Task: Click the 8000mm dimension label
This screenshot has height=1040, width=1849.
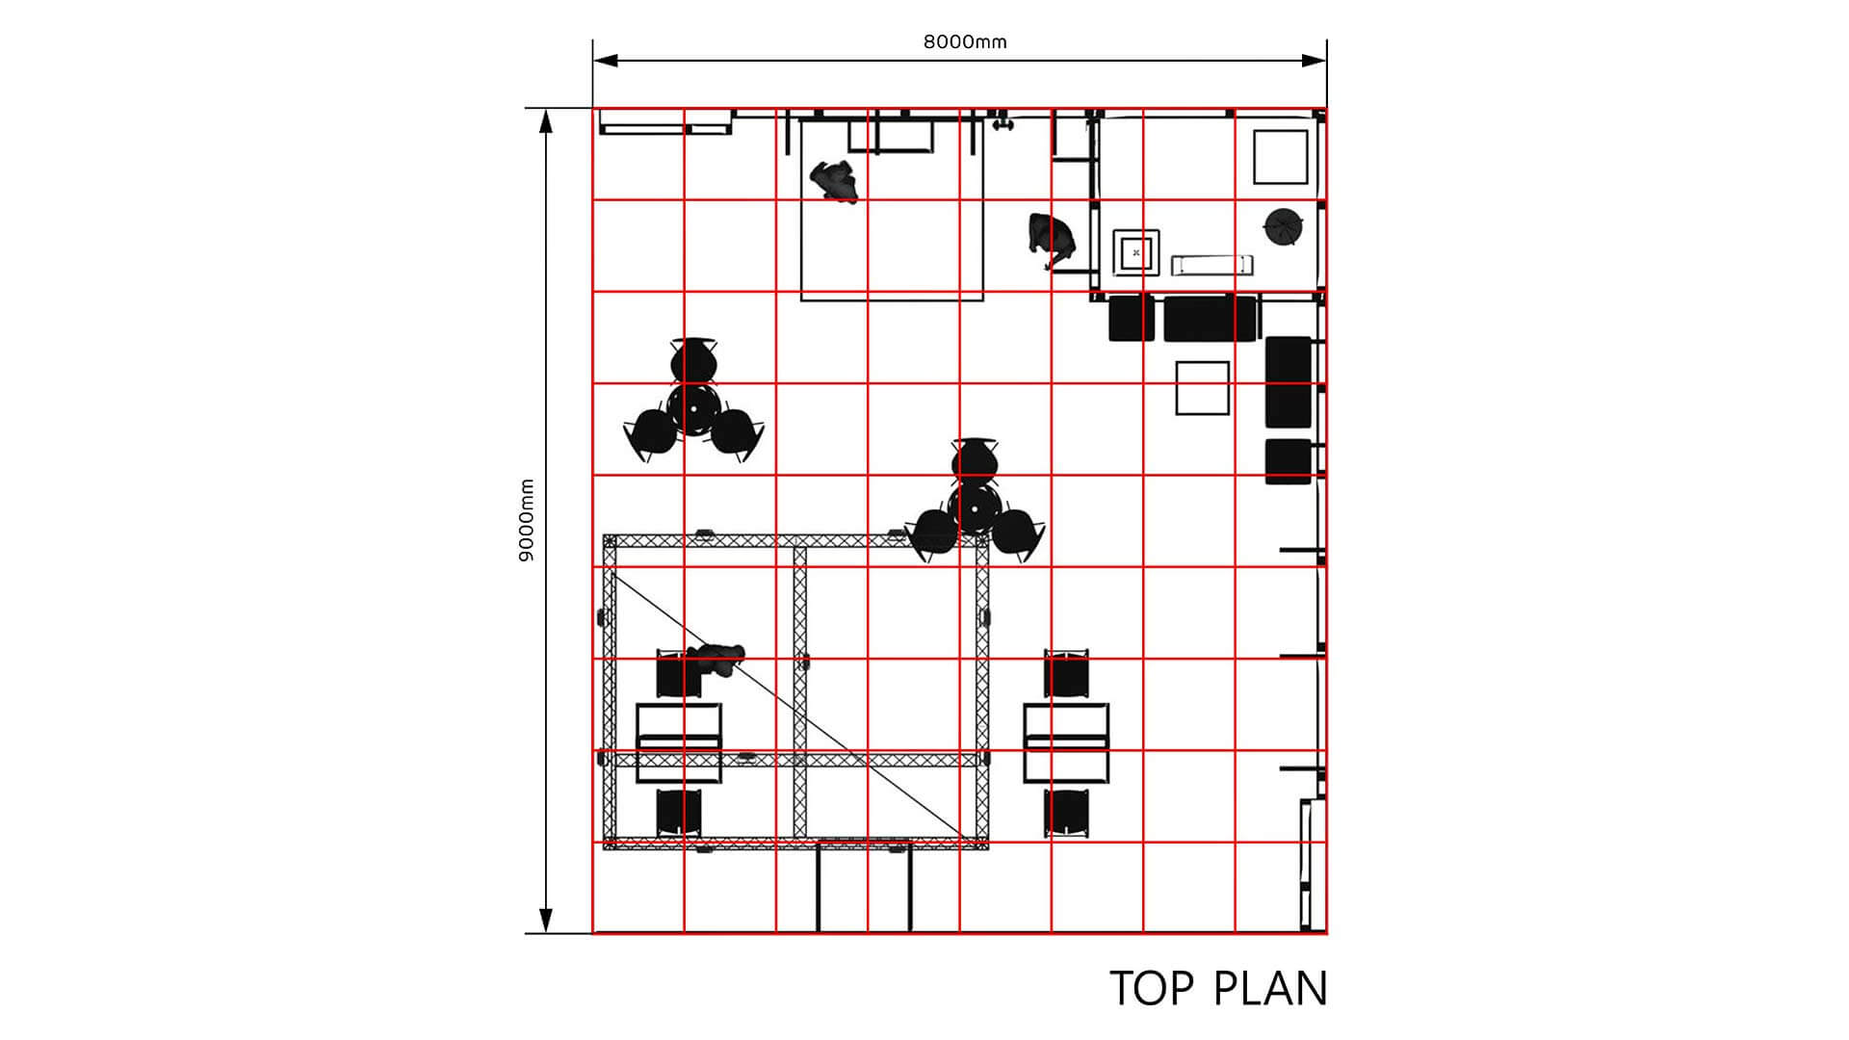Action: pyautogui.click(x=965, y=41)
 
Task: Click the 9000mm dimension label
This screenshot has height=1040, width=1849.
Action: pyautogui.click(x=526, y=520)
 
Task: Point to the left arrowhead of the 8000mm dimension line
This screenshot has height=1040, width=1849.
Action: pyautogui.click(x=606, y=61)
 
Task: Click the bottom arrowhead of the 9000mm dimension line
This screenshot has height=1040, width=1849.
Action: pyautogui.click(x=546, y=921)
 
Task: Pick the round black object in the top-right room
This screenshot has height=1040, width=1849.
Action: pyautogui.click(x=1283, y=228)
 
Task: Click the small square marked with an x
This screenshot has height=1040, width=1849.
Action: pyautogui.click(x=1136, y=252)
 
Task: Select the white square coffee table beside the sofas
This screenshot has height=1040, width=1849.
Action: pyautogui.click(x=1202, y=388)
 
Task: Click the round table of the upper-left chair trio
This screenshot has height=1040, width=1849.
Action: pyautogui.click(x=693, y=408)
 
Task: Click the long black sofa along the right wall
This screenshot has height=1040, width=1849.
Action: pyautogui.click(x=1289, y=381)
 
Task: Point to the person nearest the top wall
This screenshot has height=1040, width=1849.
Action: pyautogui.click(x=834, y=181)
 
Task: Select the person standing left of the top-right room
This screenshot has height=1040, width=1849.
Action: pyautogui.click(x=1051, y=241)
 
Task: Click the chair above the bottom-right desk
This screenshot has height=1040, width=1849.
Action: pyautogui.click(x=1066, y=673)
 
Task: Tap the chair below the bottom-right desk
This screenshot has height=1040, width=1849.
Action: pyautogui.click(x=1066, y=813)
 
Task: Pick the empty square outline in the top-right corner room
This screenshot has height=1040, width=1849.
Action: pyautogui.click(x=1281, y=157)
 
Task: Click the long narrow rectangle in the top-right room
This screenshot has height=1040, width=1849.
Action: pyautogui.click(x=1211, y=264)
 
